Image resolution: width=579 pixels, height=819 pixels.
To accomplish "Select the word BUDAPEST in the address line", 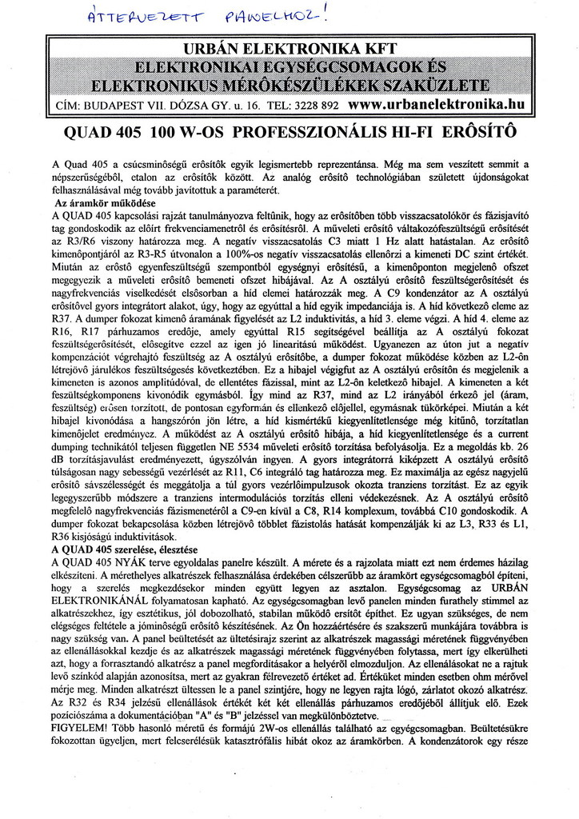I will tap(110, 105).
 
